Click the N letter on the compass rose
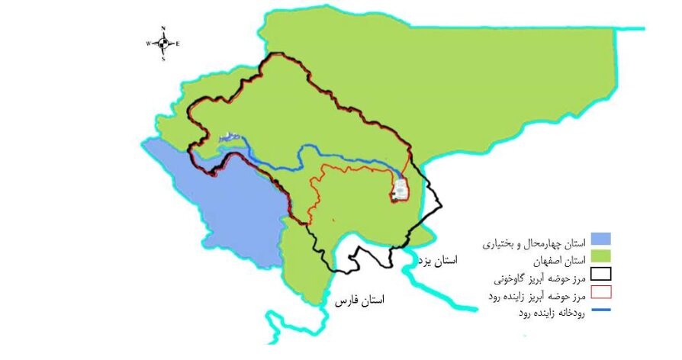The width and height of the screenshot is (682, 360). point(163,28)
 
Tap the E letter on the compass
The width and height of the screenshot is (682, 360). point(178,43)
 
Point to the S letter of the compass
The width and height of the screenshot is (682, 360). point(163,59)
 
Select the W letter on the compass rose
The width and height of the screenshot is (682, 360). point(148,43)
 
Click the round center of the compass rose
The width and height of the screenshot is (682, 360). point(163,43)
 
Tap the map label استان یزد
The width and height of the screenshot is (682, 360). point(438,261)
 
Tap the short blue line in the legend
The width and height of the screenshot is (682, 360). point(602,310)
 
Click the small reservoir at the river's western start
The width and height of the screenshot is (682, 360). point(230,138)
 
